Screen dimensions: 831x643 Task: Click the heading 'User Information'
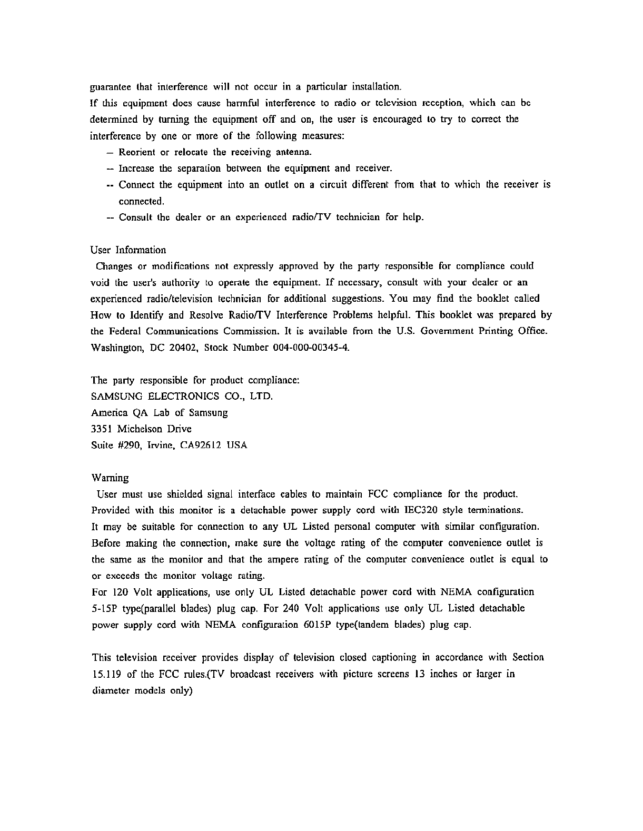128,250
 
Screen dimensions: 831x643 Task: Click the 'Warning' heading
110,478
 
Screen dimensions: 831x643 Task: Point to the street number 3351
102,429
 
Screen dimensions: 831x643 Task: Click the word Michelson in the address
138,429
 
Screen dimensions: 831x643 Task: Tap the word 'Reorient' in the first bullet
137,153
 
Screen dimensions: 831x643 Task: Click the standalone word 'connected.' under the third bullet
142,201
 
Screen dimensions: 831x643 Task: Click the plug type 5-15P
104,608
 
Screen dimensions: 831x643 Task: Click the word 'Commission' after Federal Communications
249,332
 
